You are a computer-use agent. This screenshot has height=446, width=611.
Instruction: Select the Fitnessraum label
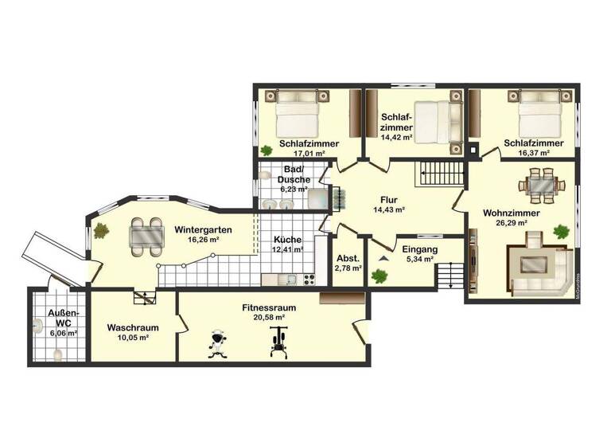pos(263,307)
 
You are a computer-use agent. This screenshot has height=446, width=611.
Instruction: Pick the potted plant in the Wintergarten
pos(101,231)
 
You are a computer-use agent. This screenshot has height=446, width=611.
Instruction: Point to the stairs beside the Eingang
pos(450,276)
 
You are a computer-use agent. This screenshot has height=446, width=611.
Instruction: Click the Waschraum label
pos(133,327)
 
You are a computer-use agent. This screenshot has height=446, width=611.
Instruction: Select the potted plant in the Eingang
pos(379,276)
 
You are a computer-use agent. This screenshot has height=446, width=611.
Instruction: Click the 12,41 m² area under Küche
pos(289,249)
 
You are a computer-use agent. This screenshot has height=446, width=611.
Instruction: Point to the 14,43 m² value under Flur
pos(389,210)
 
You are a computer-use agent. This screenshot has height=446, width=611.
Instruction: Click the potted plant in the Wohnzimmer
pos(562,233)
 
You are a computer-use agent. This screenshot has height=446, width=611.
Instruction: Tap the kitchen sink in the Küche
pos(291,279)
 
